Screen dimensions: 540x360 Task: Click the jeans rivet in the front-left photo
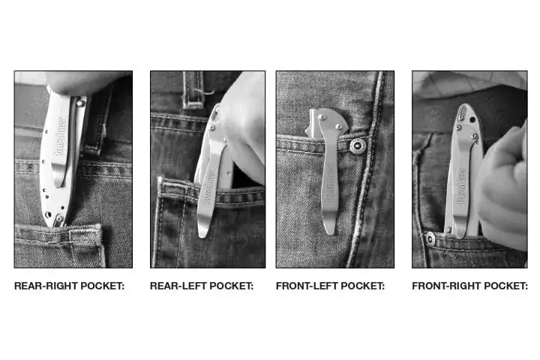click(358, 145)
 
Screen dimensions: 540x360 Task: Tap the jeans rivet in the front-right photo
click(430, 238)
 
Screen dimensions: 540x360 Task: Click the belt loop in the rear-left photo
click(193, 89)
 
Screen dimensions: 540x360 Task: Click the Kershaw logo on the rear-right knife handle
click(61, 136)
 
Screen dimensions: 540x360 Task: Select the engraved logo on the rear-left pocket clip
click(209, 187)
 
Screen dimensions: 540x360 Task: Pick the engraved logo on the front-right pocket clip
click(460, 187)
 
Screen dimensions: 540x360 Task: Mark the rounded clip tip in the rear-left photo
click(202, 234)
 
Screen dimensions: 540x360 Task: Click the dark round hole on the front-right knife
click(472, 120)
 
